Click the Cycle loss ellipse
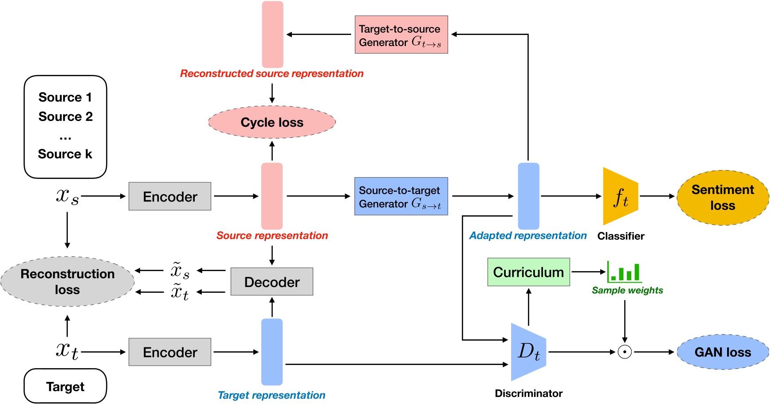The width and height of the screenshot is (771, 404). click(x=272, y=122)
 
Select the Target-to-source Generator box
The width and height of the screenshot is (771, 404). click(x=401, y=35)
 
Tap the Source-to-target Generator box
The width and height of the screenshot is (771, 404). click(x=401, y=196)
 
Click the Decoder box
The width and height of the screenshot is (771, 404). click(x=271, y=282)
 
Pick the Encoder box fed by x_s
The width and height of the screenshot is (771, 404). click(x=170, y=196)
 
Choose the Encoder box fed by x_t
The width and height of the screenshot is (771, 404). click(x=170, y=352)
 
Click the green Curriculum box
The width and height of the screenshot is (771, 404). click(x=528, y=272)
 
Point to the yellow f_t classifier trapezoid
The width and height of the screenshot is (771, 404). click(x=620, y=196)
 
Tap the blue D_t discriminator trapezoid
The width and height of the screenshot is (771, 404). click(x=528, y=352)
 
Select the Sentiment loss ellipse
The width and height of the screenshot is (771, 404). click(x=723, y=198)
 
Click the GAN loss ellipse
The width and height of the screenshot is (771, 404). click(x=723, y=352)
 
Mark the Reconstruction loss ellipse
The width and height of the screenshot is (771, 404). click(x=67, y=282)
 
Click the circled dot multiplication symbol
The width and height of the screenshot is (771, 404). click(x=625, y=352)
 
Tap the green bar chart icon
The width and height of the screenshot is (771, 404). click(x=625, y=272)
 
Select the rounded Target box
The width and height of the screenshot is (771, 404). click(x=65, y=386)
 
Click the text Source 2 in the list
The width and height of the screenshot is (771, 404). click(x=66, y=117)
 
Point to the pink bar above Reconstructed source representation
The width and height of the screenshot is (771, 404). click(x=272, y=35)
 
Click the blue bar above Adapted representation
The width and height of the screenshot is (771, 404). click(x=528, y=196)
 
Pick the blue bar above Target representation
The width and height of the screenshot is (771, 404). click(x=272, y=352)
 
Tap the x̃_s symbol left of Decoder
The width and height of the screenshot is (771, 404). click(x=180, y=270)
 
